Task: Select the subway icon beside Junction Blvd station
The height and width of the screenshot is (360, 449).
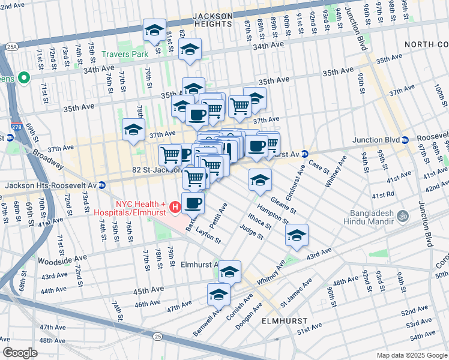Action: coord(405,140)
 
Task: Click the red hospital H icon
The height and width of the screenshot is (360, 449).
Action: coord(175,208)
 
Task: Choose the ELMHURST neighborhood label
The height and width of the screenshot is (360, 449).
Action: coord(285,321)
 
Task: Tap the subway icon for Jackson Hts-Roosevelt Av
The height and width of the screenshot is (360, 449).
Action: coord(102,185)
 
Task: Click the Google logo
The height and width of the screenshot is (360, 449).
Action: coord(20,352)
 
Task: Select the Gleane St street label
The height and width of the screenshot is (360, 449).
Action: coord(283,205)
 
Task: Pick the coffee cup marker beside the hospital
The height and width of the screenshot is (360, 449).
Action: coord(193,203)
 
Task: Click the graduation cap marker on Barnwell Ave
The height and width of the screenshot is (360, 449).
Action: coord(218,295)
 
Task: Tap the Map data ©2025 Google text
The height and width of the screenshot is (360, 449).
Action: coord(411,355)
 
